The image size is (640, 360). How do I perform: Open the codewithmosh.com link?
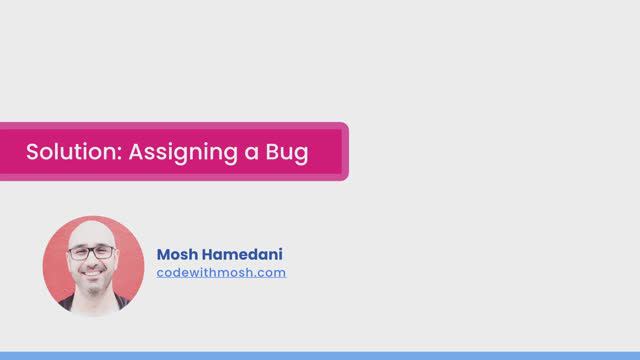pos(221,272)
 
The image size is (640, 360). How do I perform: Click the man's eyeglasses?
pos(92,252)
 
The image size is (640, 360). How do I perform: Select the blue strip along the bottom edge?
pos(320,355)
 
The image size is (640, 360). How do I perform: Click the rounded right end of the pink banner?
pos(343,152)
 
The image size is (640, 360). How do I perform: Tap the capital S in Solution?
pos(32,153)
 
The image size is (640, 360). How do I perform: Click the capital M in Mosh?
pos(165,254)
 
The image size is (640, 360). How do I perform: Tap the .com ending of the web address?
pos(271,272)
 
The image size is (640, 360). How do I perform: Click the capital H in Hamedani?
pos(213,254)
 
